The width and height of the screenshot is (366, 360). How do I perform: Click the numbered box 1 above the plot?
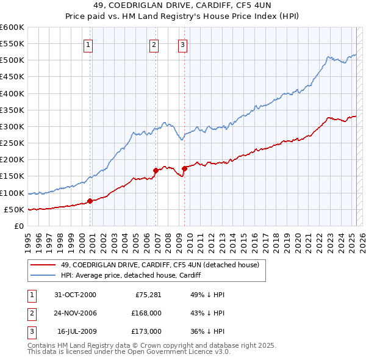point(88,44)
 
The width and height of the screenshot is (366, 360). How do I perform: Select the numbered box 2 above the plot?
point(154,44)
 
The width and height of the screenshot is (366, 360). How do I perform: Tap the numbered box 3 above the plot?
point(182,44)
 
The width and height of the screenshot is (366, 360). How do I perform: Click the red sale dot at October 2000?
point(90,201)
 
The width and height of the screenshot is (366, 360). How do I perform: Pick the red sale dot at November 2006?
point(156,170)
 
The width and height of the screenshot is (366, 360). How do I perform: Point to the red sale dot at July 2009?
point(184,168)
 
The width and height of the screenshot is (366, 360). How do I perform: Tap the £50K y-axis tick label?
point(15,209)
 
